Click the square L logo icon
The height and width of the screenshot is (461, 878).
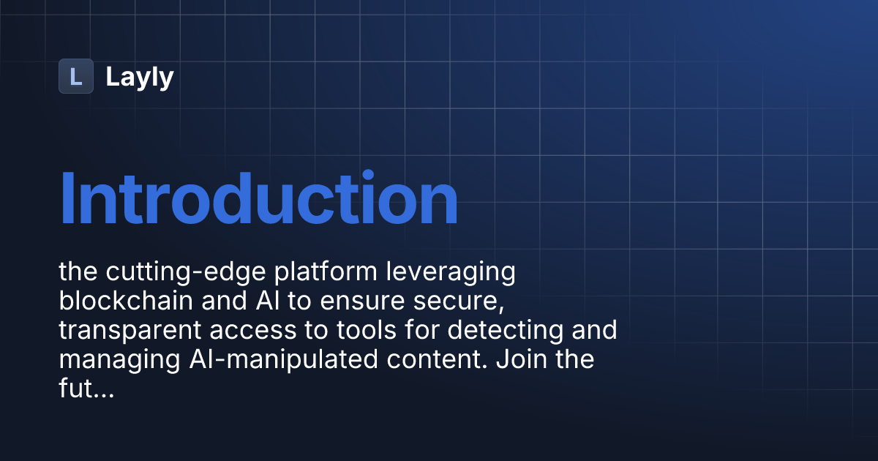pyautogui.click(x=76, y=76)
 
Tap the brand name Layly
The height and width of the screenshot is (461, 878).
pyautogui.click(x=140, y=77)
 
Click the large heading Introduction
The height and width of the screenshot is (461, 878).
pyautogui.click(x=258, y=199)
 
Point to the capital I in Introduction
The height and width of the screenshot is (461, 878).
pyautogui.click(x=67, y=199)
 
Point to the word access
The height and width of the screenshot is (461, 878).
pyautogui.click(x=244, y=331)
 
